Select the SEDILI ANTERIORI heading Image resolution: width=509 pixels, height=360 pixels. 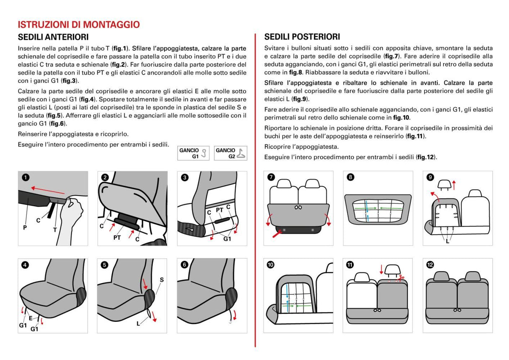point(53,37)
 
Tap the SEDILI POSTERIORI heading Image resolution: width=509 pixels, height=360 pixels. point(302,37)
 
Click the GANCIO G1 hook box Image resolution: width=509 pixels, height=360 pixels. point(194,153)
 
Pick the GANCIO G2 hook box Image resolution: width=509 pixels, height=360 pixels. point(230,153)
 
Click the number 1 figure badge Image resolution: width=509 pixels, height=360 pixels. point(26,177)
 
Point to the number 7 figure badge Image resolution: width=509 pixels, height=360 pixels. point(271,177)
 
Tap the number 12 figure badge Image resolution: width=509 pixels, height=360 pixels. point(430,265)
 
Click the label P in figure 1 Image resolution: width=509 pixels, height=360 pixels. point(25,228)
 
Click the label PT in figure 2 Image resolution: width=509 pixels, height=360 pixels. point(118,237)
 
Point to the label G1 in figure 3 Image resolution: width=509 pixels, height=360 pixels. point(227,239)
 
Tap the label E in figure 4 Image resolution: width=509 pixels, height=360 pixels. point(30,318)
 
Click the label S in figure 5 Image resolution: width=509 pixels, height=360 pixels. point(161,280)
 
